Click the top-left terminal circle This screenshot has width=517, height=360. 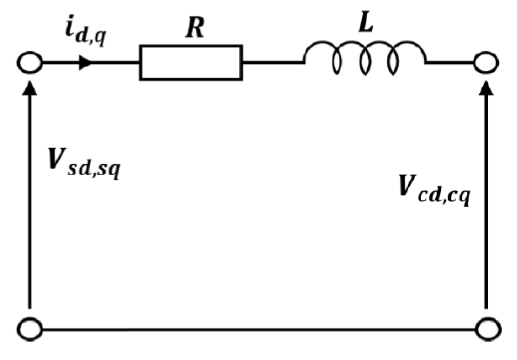click(x=30, y=63)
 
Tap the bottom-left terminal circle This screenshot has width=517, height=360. click(x=30, y=329)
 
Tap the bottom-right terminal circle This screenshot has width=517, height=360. click(x=489, y=329)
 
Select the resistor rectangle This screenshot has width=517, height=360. click(x=191, y=63)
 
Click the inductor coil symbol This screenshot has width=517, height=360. click(x=365, y=57)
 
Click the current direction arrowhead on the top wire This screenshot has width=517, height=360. click(x=85, y=63)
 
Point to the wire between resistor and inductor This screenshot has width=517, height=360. click(x=273, y=63)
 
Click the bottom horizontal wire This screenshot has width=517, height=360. click(x=259, y=329)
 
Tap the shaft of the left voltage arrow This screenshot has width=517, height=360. click(x=30, y=199)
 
